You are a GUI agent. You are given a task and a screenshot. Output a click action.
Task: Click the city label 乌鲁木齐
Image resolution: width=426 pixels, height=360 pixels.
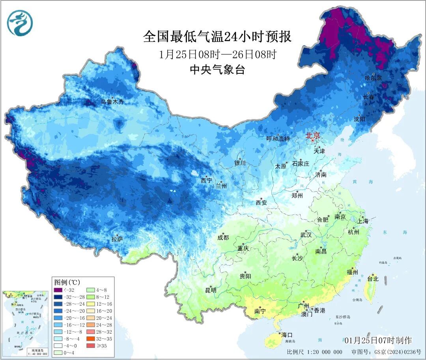coord(112,102)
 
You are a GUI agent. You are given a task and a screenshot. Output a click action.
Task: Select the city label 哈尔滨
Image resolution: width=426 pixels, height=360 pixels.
coord(373,78)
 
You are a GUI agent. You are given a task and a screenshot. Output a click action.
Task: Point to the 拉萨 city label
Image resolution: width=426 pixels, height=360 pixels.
coord(117,239)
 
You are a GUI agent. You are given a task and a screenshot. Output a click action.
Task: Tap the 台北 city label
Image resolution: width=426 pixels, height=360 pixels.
coord(373,279)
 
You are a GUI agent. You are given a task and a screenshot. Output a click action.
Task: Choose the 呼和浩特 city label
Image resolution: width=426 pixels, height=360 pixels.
coord(278,139)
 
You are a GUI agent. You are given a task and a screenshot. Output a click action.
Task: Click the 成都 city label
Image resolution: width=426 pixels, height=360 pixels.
coord(223,237)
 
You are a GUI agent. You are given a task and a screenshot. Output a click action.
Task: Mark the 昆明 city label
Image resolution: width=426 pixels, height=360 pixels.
coord(211,290)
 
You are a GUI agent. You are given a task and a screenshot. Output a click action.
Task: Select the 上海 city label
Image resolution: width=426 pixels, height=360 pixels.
coord(363,221)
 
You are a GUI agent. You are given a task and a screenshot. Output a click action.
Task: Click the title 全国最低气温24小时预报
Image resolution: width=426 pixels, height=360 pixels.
coord(217,37)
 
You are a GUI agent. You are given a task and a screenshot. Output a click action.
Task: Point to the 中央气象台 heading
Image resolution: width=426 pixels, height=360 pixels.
coord(217,70)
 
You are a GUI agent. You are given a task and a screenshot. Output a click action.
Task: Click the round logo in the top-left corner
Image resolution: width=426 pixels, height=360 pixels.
coord(20,22)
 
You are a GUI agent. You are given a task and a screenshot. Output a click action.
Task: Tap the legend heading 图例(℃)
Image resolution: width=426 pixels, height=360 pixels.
coord(67,282)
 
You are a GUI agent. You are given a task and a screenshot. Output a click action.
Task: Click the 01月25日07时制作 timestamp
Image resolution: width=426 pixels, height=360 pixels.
coord(377,340)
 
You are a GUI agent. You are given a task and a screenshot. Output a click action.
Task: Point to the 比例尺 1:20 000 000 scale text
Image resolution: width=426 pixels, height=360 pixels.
coord(314,352)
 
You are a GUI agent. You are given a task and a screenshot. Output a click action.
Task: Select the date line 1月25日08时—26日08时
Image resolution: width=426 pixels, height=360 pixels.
coord(217,54)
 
